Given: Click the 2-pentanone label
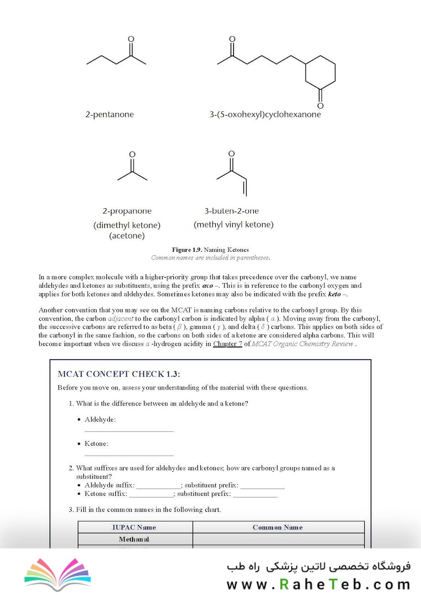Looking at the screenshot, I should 109,115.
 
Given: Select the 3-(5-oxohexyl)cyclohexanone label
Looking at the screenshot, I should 265,115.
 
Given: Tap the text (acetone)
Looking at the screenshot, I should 127,236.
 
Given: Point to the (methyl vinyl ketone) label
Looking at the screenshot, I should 233,225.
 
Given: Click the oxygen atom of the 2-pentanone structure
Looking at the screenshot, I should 131,39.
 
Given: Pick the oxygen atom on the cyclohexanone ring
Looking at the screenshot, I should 320,105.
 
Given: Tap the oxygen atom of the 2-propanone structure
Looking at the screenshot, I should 132,155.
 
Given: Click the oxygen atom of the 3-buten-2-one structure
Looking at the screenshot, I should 231,154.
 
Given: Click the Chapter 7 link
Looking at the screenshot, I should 227,344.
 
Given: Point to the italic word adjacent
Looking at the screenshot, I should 120,319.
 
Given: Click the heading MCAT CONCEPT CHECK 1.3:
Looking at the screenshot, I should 119,374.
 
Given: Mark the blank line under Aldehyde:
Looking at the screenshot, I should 129,431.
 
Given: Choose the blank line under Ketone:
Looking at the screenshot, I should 129,456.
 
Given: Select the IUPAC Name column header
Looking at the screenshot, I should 134,527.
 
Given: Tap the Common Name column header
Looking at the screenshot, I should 278,527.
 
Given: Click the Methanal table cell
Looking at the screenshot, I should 134,539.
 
